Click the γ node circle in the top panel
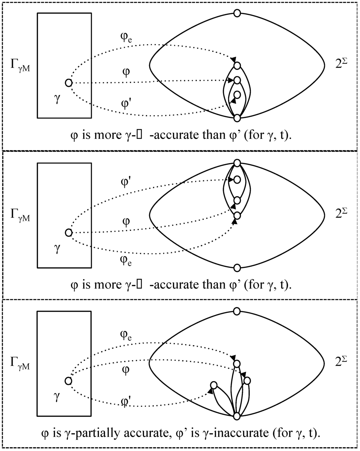[69, 83]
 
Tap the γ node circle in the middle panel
[69, 233]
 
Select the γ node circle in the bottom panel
[69, 381]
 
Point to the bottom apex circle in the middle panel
[237, 268]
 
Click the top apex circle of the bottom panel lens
[237, 311]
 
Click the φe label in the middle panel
[126, 261]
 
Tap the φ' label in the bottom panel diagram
[126, 401]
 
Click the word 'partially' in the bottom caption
[116, 432]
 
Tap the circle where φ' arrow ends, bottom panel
[213, 385]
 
